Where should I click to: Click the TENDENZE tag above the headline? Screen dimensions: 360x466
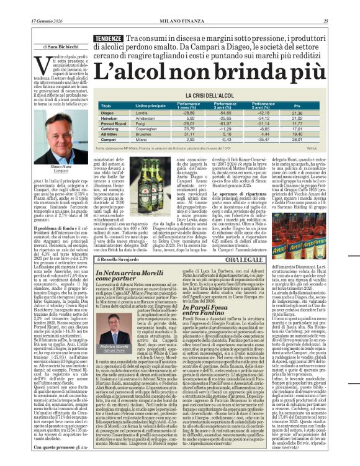coord(108,38)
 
